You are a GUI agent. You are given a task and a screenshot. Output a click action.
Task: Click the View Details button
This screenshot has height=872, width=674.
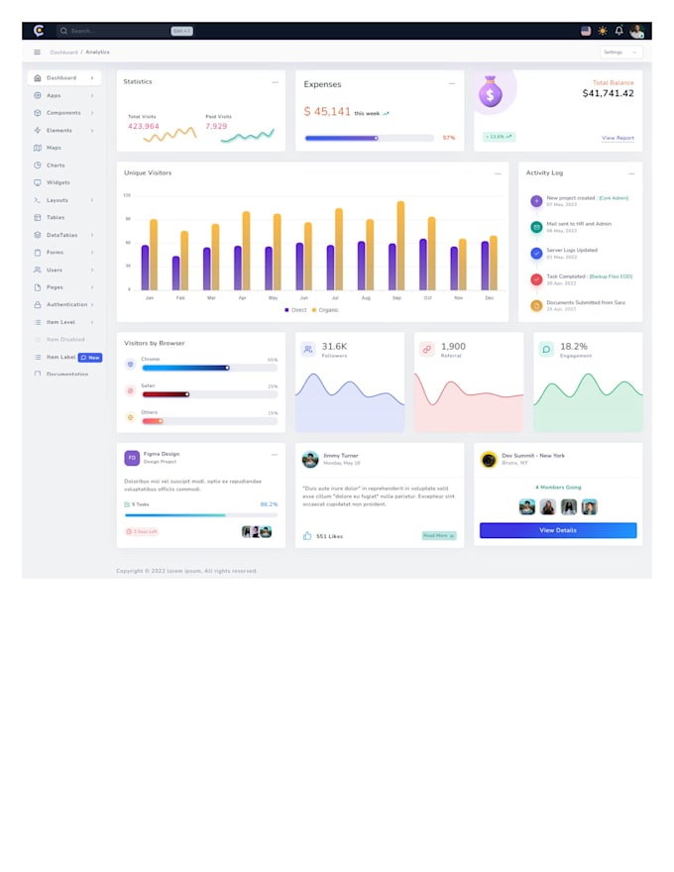click(x=558, y=530)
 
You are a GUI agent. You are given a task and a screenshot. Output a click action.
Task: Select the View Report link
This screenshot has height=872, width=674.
click(x=618, y=138)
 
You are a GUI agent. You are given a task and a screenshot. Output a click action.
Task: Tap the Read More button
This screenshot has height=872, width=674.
click(x=438, y=535)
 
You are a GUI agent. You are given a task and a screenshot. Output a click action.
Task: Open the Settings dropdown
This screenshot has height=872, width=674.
click(x=620, y=52)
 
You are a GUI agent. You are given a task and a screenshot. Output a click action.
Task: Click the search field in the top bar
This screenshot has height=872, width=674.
click(x=114, y=31)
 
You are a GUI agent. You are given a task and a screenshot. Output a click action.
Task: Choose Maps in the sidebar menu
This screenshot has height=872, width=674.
click(x=55, y=148)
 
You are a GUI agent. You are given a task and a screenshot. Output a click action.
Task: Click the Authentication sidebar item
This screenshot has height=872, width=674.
click(x=66, y=304)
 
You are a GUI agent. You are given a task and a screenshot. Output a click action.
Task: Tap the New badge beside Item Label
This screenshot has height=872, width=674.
click(x=90, y=357)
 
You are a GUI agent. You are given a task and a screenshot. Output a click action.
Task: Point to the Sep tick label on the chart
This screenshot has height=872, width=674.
click(x=396, y=297)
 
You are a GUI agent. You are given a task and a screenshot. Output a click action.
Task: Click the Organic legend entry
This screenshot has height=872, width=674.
click(x=325, y=310)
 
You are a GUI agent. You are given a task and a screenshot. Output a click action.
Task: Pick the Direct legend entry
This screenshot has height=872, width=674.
click(x=296, y=310)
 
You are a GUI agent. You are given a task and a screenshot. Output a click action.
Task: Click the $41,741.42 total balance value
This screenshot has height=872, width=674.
click(x=608, y=93)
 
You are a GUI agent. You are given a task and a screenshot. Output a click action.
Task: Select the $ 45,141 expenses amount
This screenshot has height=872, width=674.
click(x=327, y=112)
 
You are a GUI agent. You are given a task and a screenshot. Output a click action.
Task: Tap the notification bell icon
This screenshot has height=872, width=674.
click(x=619, y=31)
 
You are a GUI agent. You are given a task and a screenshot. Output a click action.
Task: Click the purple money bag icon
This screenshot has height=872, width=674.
click(x=490, y=93)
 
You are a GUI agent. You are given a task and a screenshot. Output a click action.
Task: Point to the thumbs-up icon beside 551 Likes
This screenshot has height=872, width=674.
click(x=307, y=535)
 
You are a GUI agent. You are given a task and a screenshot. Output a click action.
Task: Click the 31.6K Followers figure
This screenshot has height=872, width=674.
click(x=334, y=347)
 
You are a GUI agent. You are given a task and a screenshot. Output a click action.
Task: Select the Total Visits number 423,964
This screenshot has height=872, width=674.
click(x=143, y=126)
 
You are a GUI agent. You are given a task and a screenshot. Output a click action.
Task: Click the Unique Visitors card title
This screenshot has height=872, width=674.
click(x=148, y=173)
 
